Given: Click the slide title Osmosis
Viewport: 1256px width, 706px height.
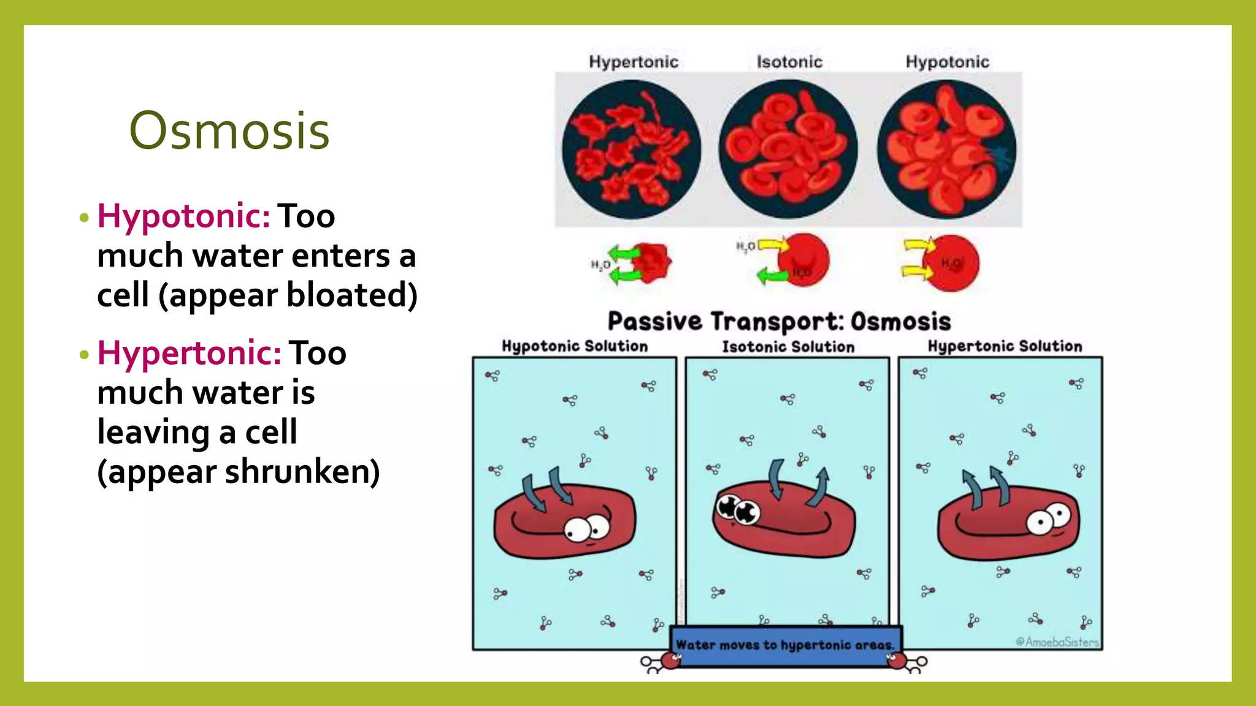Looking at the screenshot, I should (x=229, y=131).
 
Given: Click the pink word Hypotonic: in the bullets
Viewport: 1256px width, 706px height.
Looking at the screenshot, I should (x=183, y=216).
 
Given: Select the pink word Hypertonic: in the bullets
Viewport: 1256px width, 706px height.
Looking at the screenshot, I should (x=189, y=353).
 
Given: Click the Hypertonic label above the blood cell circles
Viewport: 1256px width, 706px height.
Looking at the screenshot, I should (x=634, y=62).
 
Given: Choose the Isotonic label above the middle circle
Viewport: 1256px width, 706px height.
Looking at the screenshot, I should (x=789, y=62).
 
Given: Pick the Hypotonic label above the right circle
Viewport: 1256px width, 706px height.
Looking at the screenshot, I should (x=948, y=62).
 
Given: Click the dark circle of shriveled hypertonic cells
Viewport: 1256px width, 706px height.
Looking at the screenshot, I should (x=632, y=150).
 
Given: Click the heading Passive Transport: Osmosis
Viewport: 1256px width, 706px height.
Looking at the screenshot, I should (x=779, y=322).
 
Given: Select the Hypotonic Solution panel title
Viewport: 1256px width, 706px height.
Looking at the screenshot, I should (x=575, y=346).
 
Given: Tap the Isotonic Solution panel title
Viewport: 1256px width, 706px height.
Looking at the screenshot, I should (x=788, y=347).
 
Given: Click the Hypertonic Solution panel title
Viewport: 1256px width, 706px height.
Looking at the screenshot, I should (x=1005, y=346).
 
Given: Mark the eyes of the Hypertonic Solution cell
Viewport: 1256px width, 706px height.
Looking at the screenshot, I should (x=1048, y=520).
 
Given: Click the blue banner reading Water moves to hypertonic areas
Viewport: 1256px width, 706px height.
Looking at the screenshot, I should (x=785, y=645).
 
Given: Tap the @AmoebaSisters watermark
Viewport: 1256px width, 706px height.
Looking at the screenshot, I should (x=1057, y=642).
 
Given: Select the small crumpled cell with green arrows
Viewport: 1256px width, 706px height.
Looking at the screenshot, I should (x=651, y=263).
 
